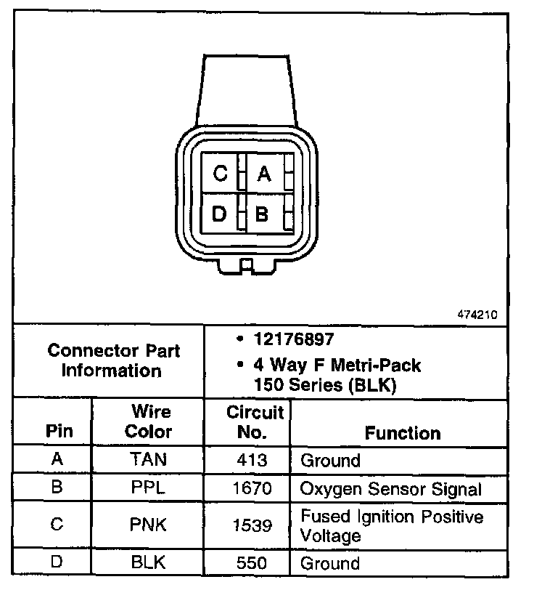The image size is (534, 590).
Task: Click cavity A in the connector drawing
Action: pos(264,174)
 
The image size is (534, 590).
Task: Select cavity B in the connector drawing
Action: pos(263,214)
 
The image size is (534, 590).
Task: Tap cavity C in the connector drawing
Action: pos(221,174)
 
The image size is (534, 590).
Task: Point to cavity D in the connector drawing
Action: pos(221,214)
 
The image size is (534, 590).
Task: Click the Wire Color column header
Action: pos(148,421)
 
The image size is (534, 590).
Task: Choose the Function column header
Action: pos(403,433)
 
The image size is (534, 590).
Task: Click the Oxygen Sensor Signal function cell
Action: pos(391,488)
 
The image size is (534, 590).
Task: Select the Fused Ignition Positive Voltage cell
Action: pos(392,526)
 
